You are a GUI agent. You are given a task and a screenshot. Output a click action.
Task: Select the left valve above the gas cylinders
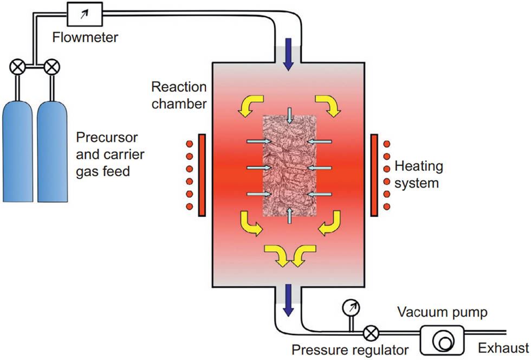17,68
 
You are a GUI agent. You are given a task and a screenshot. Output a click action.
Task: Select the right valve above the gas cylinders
52,68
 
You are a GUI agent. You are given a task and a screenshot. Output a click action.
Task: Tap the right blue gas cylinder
54,152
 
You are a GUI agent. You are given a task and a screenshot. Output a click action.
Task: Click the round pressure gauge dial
351,307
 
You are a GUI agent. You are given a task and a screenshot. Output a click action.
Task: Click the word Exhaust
503,348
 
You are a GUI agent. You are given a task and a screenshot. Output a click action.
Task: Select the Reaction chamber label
179,95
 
